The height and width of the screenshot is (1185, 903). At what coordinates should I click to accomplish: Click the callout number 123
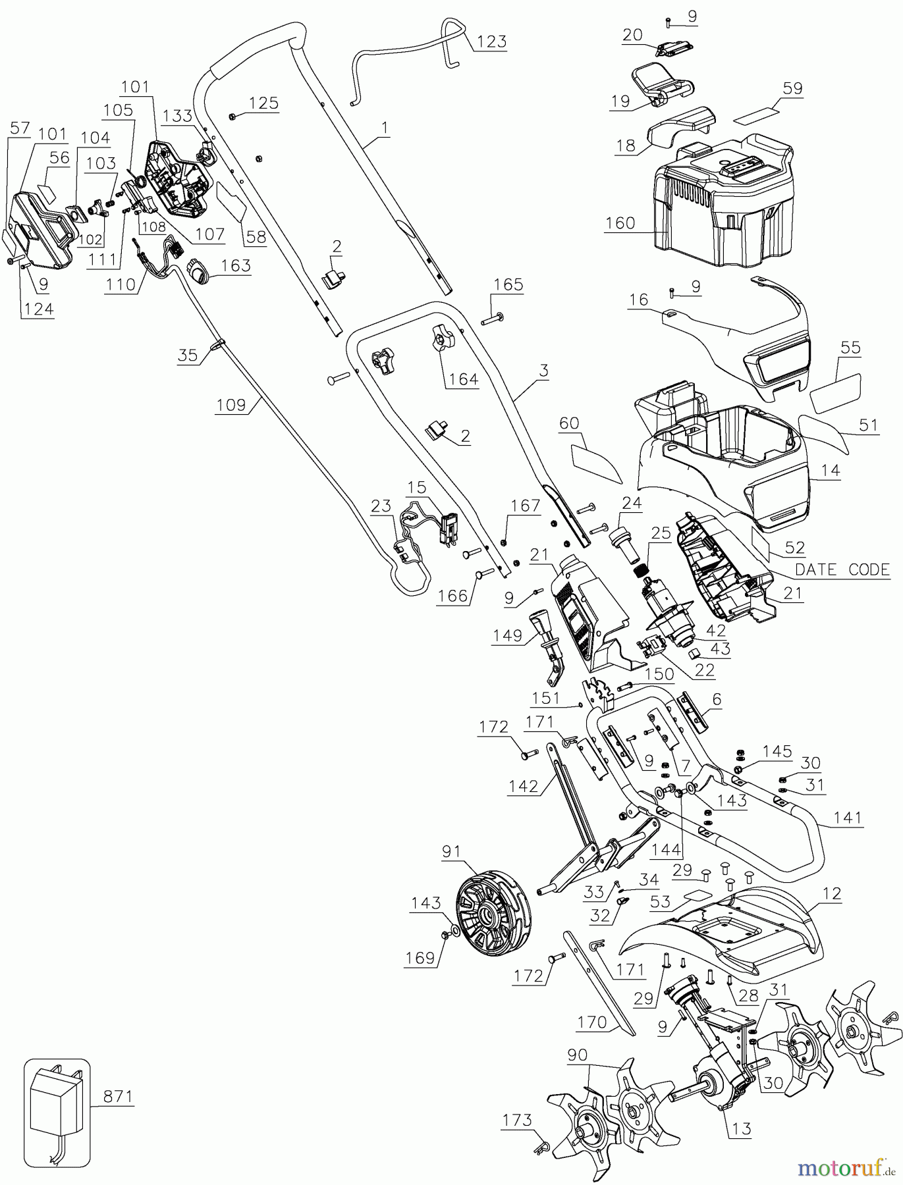click(491, 41)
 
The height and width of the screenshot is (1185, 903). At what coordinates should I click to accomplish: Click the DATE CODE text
click(842, 569)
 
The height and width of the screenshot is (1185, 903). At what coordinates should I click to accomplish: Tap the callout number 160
click(620, 223)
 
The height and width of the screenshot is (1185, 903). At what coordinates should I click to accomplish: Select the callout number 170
click(591, 1022)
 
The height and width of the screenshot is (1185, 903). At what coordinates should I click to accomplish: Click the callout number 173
click(517, 1119)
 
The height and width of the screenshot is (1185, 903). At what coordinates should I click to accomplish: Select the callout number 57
click(20, 128)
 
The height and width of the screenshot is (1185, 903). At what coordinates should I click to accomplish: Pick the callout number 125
click(263, 103)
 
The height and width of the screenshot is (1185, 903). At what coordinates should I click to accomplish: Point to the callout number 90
click(577, 1054)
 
